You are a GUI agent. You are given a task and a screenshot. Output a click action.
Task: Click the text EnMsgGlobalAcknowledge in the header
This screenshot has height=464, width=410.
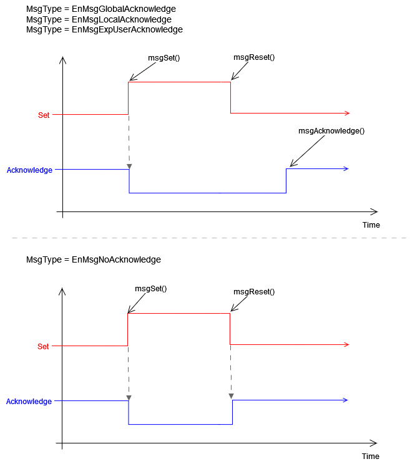click(124, 9)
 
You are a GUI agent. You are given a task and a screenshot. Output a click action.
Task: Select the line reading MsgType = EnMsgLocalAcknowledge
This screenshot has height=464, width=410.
click(99, 19)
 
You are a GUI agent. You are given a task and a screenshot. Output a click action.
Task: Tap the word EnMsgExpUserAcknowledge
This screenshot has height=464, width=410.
click(127, 29)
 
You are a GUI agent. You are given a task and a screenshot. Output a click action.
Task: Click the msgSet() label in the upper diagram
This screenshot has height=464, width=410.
click(164, 57)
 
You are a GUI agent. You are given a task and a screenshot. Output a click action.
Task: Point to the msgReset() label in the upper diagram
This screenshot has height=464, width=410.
click(254, 57)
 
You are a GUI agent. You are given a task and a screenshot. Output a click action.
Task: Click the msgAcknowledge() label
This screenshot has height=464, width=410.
click(331, 131)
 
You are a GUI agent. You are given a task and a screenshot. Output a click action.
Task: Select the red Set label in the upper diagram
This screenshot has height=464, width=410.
click(44, 115)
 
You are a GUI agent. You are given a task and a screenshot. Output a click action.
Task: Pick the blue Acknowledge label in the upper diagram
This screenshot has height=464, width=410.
click(29, 170)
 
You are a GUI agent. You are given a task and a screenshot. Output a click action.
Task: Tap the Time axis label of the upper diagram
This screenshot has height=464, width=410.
click(371, 225)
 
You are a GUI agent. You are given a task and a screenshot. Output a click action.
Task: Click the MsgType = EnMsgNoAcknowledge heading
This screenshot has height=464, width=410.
click(94, 259)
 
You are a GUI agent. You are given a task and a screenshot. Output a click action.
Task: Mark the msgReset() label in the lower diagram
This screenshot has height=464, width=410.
click(254, 291)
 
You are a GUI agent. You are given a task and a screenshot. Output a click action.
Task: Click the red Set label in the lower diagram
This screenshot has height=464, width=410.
click(43, 347)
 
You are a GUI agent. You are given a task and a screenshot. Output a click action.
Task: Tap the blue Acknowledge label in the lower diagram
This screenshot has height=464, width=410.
click(29, 402)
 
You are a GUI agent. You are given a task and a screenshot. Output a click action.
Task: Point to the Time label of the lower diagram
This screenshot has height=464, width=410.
click(371, 457)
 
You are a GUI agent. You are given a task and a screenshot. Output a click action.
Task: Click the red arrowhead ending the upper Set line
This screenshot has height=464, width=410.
click(346, 113)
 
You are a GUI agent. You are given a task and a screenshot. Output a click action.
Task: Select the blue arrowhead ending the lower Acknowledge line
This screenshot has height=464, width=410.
click(345, 400)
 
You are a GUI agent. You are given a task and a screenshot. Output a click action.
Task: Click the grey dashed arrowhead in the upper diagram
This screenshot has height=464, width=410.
click(129, 167)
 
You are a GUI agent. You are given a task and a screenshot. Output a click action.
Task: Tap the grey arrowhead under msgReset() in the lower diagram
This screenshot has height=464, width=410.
click(232, 397)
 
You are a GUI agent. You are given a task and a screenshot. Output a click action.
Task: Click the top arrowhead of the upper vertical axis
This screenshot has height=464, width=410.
click(62, 60)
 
